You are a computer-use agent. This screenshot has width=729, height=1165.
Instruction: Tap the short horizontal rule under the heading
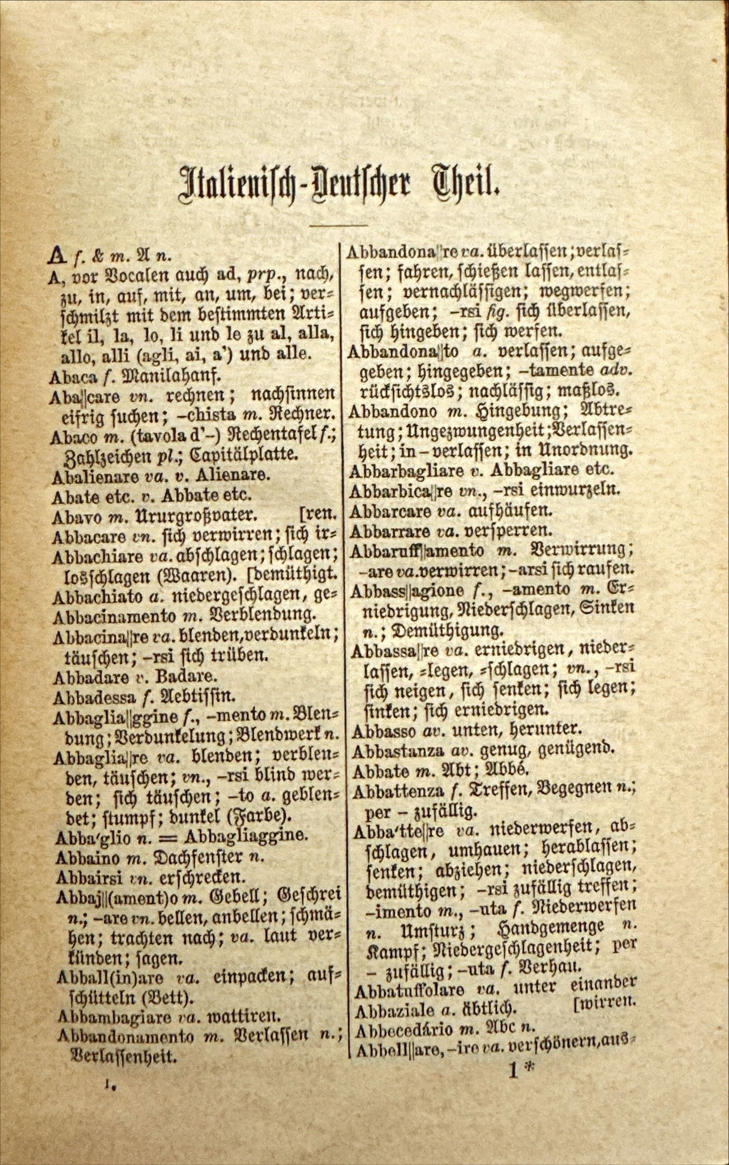tap(339, 225)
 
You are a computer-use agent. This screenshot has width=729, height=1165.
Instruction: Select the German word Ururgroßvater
tap(193, 516)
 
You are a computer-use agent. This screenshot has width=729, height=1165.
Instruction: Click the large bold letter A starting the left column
tap(57, 256)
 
